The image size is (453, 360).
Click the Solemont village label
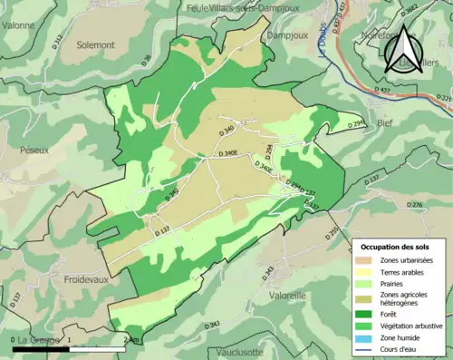click(x=95, y=44)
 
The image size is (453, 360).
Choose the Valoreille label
click(x=288, y=295)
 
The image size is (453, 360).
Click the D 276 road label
click(x=415, y=206)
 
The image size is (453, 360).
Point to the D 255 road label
click(x=333, y=233)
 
